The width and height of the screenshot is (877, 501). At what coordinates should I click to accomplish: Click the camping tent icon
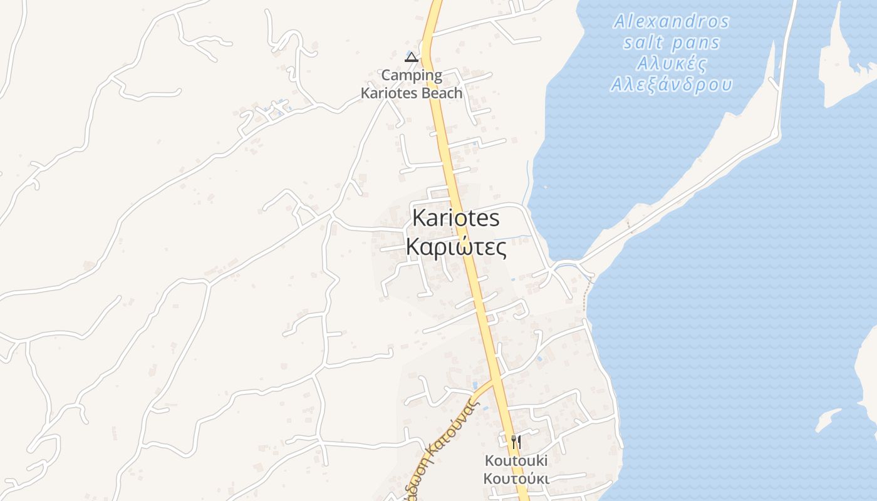[x=411, y=58]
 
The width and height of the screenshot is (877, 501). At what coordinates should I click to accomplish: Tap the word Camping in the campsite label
[x=412, y=76]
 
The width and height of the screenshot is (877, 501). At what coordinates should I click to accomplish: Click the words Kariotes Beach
[x=412, y=93]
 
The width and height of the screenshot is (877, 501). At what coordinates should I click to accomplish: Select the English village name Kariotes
[x=456, y=218]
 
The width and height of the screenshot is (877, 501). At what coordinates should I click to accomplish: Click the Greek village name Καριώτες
[x=456, y=247]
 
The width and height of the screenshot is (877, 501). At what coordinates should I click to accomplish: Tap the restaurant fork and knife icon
[x=516, y=442]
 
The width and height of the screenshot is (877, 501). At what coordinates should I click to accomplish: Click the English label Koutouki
[x=516, y=461]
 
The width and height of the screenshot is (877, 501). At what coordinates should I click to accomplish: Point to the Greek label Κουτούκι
[x=516, y=479]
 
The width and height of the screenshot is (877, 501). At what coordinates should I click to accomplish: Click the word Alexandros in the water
[x=672, y=22]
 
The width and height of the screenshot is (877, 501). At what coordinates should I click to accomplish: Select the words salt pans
[x=672, y=43]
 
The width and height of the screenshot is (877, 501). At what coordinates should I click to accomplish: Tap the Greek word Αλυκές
[x=672, y=64]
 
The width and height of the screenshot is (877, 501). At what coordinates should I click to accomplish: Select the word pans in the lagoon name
[x=696, y=43]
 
